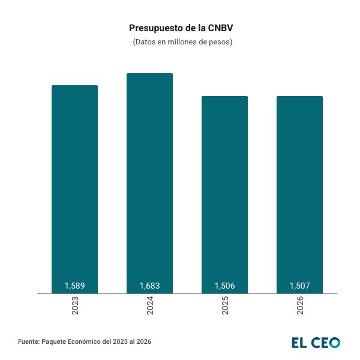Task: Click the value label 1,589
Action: pos(74,286)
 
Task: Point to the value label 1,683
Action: pos(149,286)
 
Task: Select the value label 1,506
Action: pos(224,286)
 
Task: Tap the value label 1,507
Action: pos(299,286)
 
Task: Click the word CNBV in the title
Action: pos(220,28)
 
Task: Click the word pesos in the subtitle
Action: pos(218,43)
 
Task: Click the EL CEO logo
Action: pos(316,343)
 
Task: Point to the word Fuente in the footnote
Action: pos(28,341)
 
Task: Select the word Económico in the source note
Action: pos(83,341)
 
